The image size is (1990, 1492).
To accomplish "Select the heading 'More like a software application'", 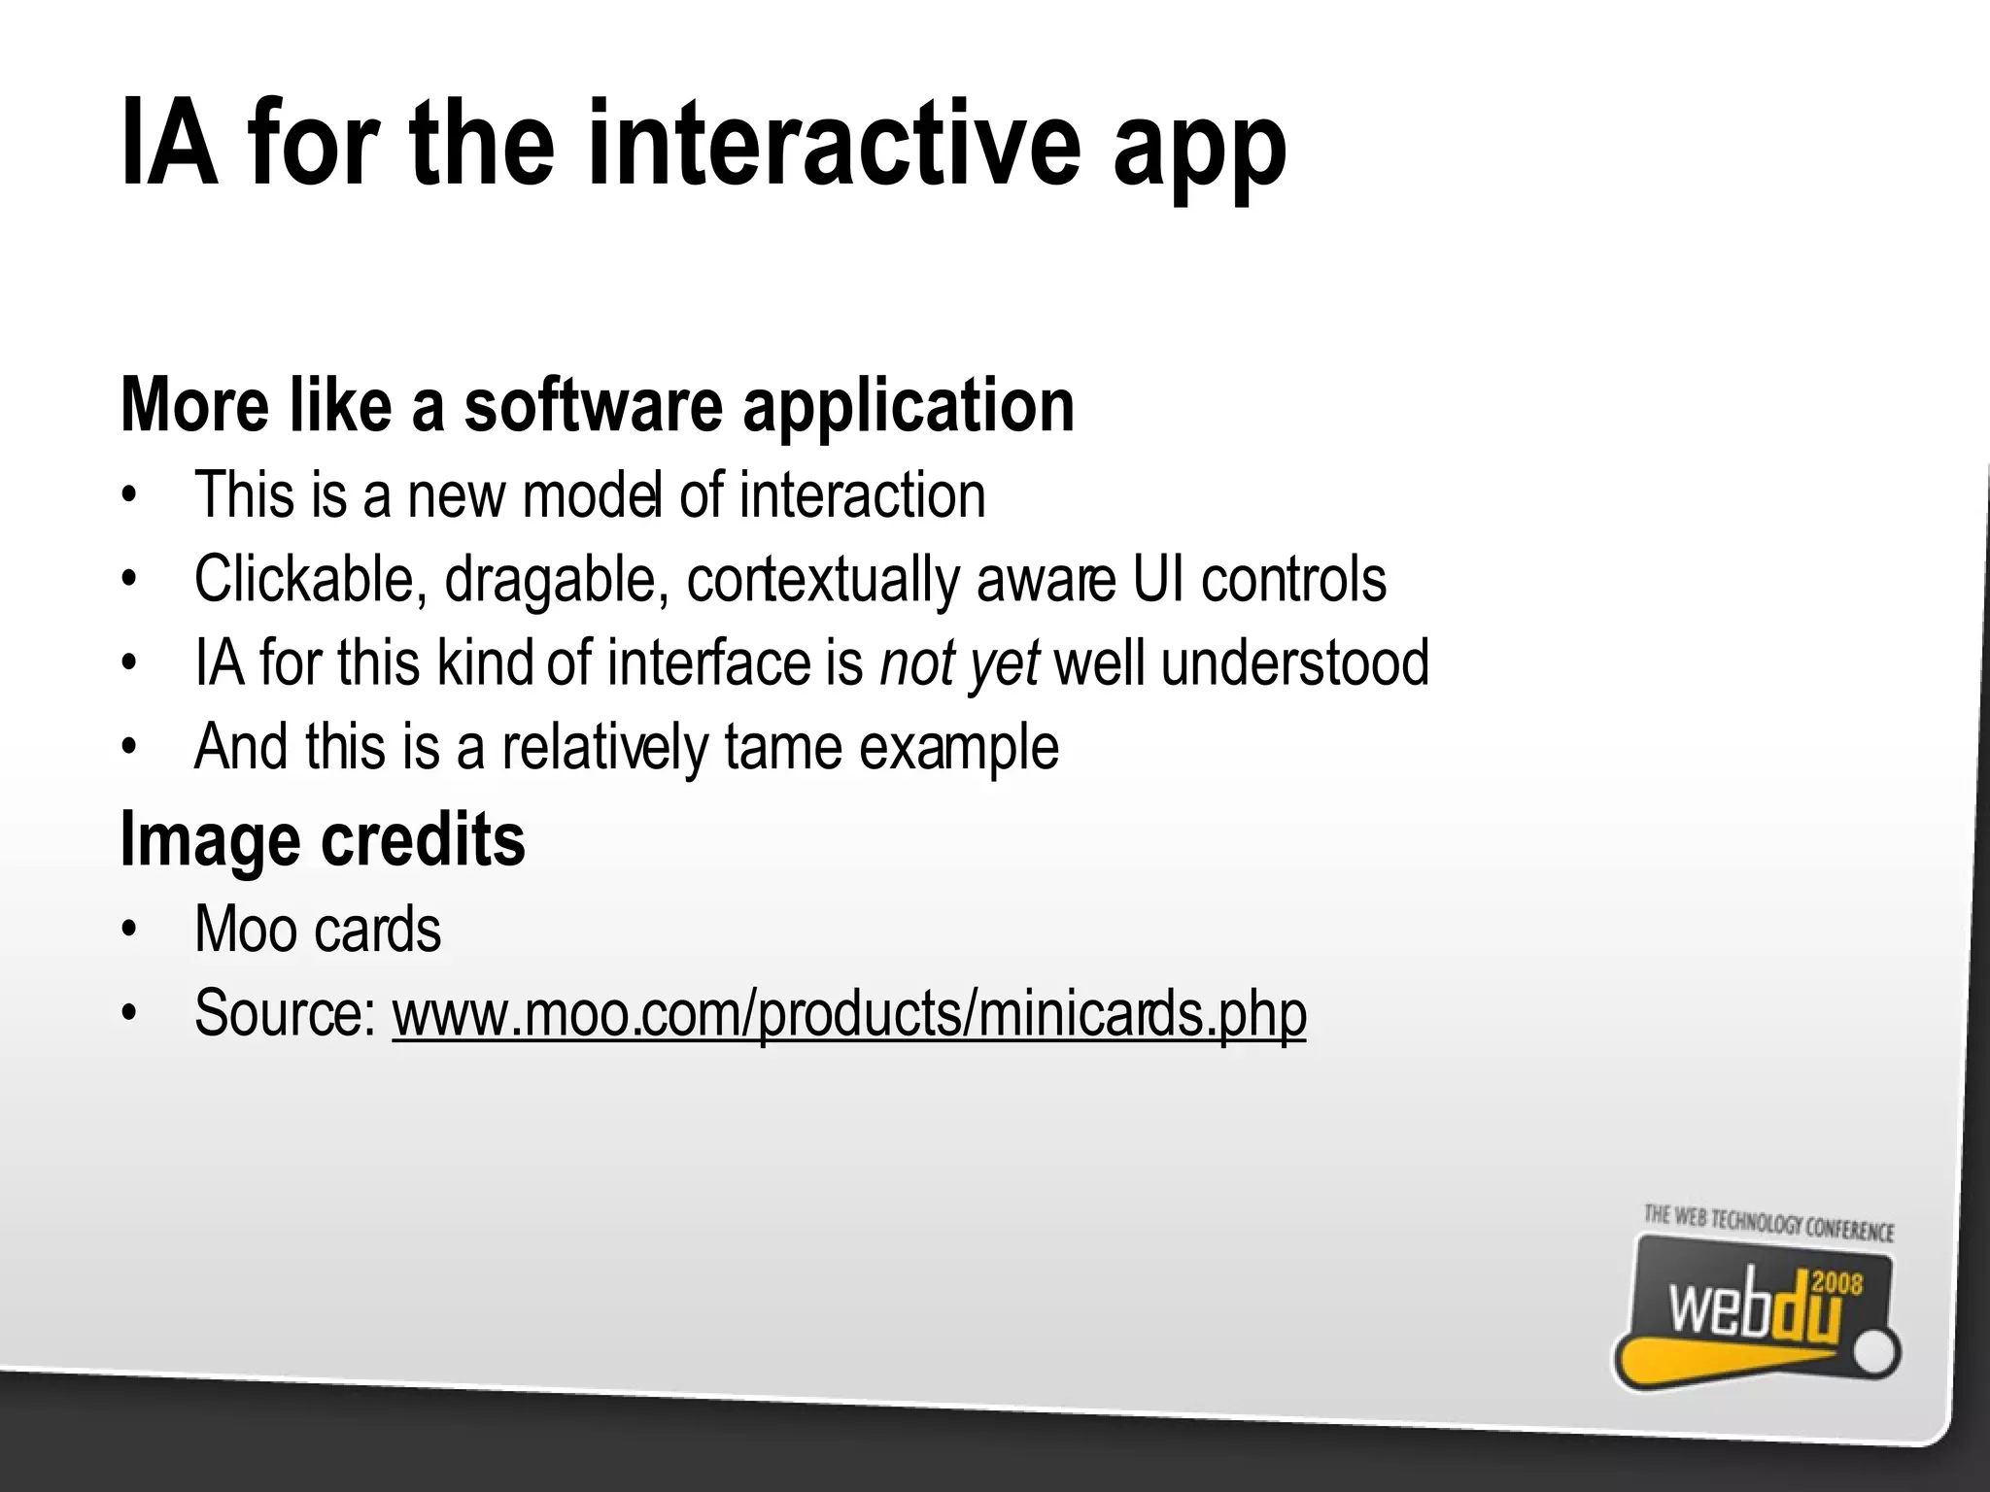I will coord(598,405).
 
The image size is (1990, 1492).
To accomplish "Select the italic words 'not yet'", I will coord(959,663).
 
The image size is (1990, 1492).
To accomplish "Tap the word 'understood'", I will coord(1294,663).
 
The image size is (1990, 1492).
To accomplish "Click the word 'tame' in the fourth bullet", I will coord(781,747).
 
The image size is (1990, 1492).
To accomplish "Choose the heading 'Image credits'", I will coord(323,840).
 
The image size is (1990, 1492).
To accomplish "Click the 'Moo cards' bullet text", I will coord(318,930).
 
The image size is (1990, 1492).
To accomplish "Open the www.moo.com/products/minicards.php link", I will coord(848,1014).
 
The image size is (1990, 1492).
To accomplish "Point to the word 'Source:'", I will coord(285,1013).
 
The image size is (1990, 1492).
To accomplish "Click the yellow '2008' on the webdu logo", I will coord(1837,1285).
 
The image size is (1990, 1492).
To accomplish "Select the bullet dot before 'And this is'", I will coord(127,748).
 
